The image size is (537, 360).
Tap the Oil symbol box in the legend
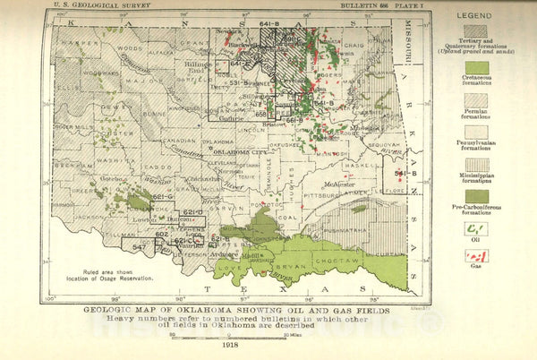pos(476,229)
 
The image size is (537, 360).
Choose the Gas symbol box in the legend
pos(476,257)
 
